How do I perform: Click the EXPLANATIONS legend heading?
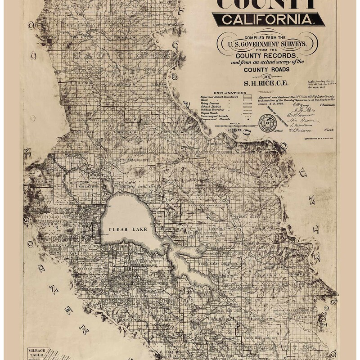(x=223, y=91)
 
